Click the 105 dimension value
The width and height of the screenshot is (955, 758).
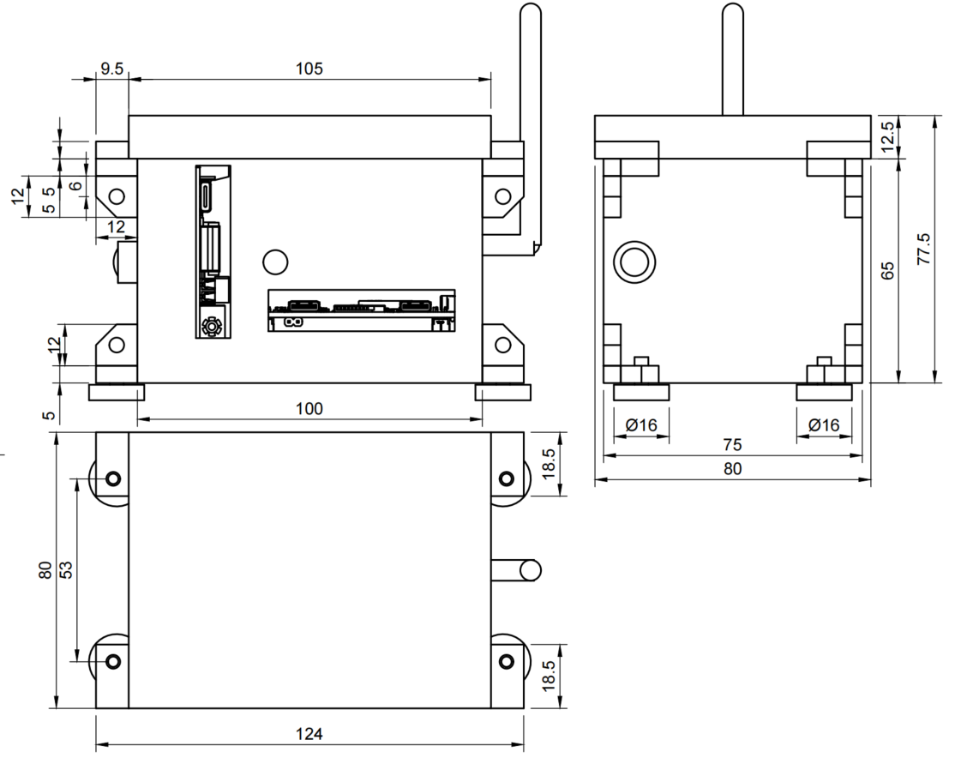(x=309, y=69)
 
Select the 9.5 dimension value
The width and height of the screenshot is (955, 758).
(x=112, y=69)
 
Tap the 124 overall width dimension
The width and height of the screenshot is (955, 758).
(x=309, y=734)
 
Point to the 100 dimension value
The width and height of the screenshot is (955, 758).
(x=309, y=408)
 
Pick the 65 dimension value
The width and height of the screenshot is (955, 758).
(x=888, y=271)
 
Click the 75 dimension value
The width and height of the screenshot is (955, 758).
(x=732, y=445)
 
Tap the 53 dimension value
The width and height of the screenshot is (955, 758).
(x=66, y=570)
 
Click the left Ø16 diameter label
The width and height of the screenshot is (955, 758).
(x=641, y=425)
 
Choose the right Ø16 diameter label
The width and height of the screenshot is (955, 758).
(x=824, y=425)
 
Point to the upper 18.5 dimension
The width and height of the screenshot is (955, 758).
(x=550, y=463)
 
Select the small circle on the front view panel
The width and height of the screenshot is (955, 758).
(x=275, y=261)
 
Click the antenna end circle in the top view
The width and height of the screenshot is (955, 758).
(x=531, y=568)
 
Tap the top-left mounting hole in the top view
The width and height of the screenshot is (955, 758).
(x=113, y=478)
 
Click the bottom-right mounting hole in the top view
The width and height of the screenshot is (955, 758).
(x=506, y=661)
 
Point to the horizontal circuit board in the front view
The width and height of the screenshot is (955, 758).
(x=361, y=310)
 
